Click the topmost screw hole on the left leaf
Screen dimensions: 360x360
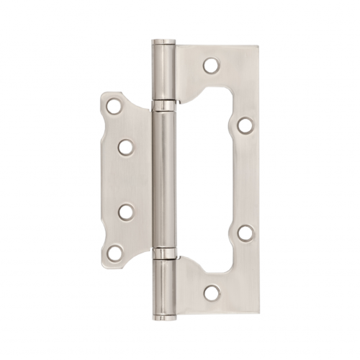pos(114,107)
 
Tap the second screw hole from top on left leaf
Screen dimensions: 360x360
pos(126,148)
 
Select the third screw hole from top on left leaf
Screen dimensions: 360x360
pos(126,212)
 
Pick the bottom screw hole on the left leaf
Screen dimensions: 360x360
pos(114,253)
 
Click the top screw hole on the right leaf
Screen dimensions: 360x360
pos(211,66)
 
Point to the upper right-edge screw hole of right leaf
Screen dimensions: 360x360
pos(246,125)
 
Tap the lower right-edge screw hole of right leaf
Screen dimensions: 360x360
pos(246,233)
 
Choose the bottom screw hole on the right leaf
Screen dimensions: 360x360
pos(211,293)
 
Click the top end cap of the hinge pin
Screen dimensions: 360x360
pos(163,42)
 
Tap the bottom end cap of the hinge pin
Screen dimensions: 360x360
pos(163,316)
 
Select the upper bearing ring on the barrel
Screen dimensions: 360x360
pos(163,106)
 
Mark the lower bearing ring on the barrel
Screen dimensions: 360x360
pos(163,253)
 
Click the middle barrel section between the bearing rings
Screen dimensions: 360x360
pos(163,180)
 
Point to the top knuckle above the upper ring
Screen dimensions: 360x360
pos(163,72)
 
